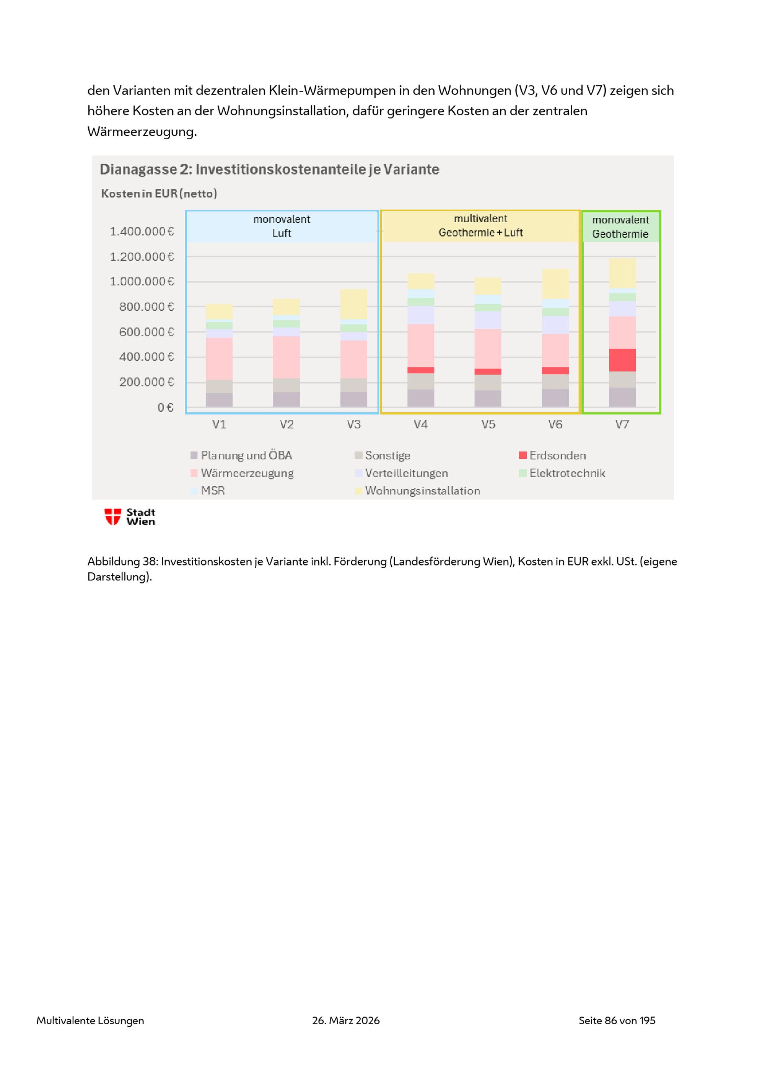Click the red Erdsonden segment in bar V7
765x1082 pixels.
pos(622,360)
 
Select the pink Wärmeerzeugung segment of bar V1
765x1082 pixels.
pos(219,358)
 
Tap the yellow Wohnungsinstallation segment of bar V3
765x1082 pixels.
pos(354,304)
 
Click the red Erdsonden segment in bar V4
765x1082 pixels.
pos(421,370)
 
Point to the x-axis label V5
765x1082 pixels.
pos(488,425)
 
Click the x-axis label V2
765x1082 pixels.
pos(286,425)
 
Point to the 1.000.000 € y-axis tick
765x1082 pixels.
pos(142,281)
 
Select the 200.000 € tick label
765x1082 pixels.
pos(146,382)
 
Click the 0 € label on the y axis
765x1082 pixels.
pos(165,407)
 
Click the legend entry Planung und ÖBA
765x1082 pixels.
pos(241,455)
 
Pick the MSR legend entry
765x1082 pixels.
pos(208,490)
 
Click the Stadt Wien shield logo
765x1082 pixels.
pos(112,517)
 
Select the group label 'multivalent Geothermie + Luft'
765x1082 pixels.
pos(480,226)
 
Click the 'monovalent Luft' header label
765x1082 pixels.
pos(282,226)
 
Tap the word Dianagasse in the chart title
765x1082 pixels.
pos(138,169)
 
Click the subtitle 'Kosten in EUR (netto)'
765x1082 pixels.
pos(159,194)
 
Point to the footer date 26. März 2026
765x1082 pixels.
pos(346,1020)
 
